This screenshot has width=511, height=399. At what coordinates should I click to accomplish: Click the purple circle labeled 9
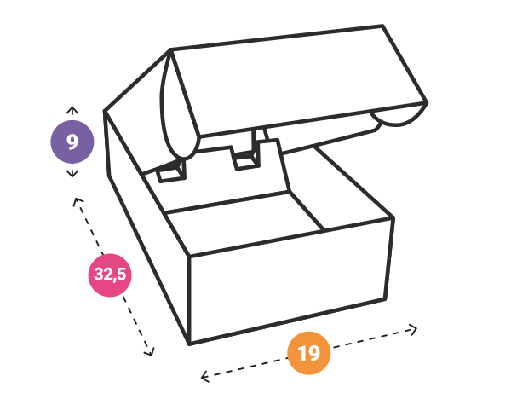click(72, 142)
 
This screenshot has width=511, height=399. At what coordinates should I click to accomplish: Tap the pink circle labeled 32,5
click(110, 275)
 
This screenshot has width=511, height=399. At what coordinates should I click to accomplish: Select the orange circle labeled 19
click(309, 353)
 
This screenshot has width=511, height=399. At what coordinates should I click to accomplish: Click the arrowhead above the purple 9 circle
click(72, 110)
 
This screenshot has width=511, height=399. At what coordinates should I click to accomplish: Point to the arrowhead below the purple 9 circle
click(72, 174)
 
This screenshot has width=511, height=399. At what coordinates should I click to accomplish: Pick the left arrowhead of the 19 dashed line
click(204, 377)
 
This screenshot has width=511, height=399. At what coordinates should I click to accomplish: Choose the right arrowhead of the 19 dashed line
click(413, 329)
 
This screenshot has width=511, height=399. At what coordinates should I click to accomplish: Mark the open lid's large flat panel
click(298, 80)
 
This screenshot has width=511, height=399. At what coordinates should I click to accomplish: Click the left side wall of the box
click(146, 225)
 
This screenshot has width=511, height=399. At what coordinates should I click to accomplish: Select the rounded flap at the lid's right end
click(399, 117)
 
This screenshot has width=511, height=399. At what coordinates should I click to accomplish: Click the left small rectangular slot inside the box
click(172, 172)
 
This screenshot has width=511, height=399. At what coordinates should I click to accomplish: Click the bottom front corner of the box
click(189, 344)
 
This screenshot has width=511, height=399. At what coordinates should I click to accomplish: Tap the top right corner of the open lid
click(382, 25)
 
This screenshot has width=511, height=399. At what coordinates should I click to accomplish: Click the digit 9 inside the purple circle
click(72, 142)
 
